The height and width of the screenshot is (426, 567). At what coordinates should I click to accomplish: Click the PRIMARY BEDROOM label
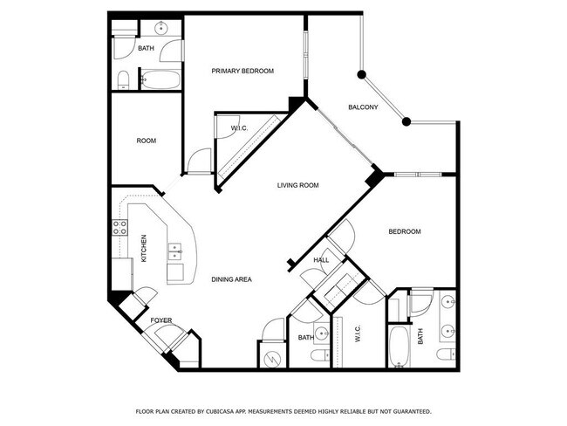tap(243, 72)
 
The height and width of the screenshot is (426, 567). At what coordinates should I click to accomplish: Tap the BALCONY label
tap(363, 107)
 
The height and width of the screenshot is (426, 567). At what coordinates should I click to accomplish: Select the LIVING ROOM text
tap(298, 185)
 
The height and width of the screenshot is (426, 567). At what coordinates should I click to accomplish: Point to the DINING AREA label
tap(232, 279)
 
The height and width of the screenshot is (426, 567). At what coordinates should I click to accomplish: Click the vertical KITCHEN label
tap(145, 249)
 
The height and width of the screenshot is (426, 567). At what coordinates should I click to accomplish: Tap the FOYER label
tap(161, 320)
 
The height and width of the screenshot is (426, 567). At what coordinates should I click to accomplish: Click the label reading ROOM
tap(146, 141)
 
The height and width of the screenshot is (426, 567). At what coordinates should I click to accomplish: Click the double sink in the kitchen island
tap(175, 253)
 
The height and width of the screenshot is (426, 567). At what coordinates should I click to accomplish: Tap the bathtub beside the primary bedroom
tap(160, 80)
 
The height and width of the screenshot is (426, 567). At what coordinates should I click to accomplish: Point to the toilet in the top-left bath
tap(123, 81)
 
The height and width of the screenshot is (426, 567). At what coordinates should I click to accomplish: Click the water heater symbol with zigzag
tap(271, 356)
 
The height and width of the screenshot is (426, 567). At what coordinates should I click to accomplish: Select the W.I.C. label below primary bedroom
tap(240, 129)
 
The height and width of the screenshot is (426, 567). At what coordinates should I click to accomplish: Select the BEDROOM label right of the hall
tap(404, 231)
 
